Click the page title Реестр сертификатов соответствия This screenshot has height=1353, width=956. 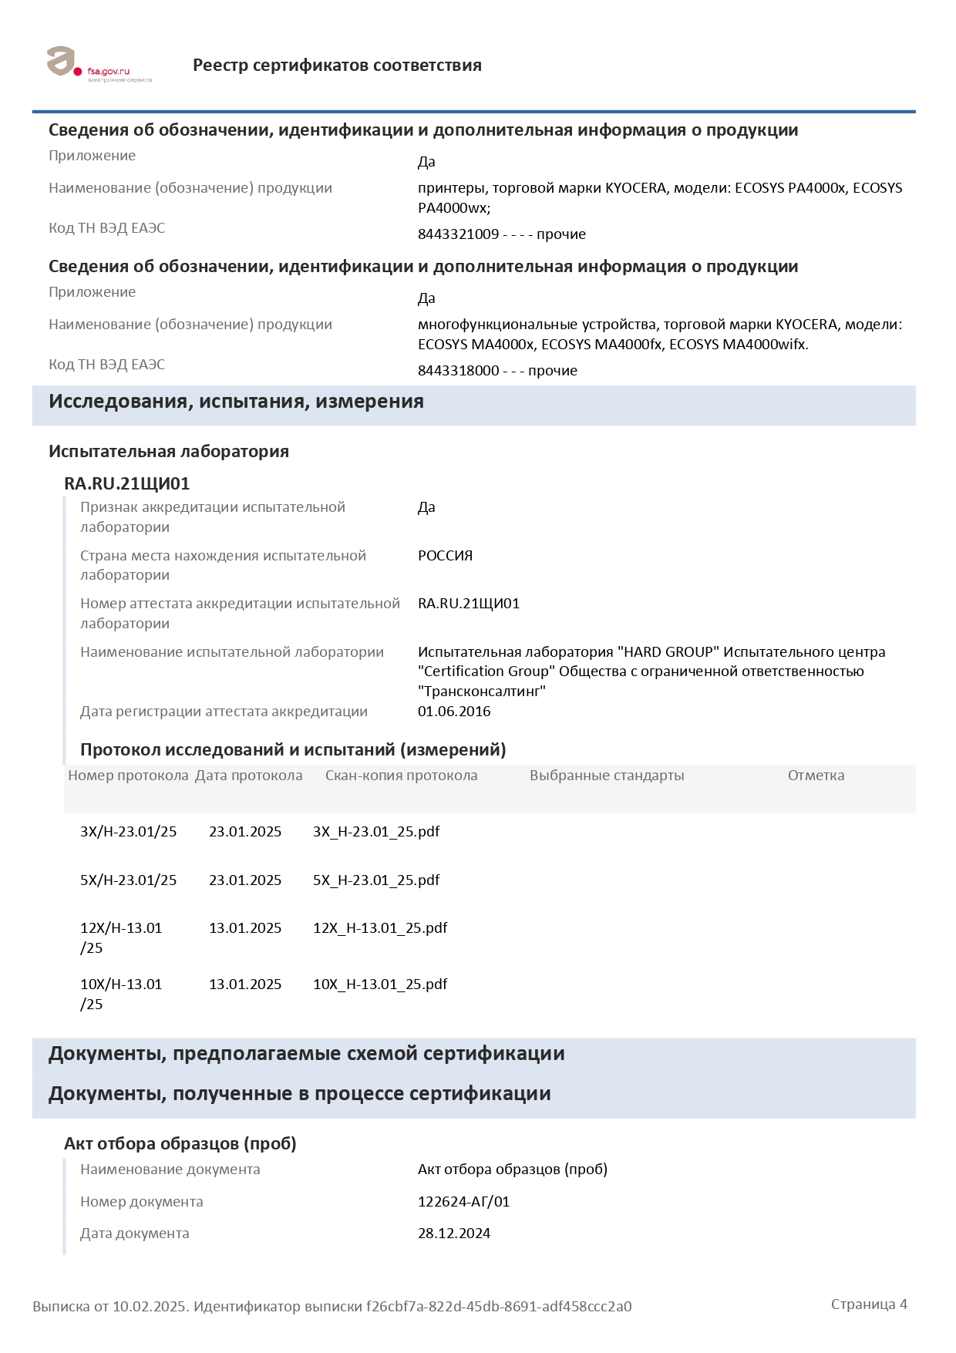[x=337, y=66]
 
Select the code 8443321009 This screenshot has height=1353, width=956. [x=458, y=234]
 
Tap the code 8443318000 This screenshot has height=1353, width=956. [x=458, y=371]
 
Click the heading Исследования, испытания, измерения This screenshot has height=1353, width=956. [x=236, y=402]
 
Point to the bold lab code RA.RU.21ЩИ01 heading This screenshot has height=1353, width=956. [x=126, y=484]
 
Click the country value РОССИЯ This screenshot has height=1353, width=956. [x=445, y=556]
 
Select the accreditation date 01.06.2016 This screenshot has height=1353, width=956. [x=454, y=712]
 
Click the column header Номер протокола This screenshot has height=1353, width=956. [x=128, y=776]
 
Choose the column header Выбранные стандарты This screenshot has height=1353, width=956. [x=607, y=776]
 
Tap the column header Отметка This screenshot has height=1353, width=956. [x=816, y=776]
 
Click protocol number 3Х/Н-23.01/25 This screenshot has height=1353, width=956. [x=128, y=832]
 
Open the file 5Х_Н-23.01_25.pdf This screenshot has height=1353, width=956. [x=376, y=880]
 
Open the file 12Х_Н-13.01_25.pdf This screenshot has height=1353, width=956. [x=380, y=928]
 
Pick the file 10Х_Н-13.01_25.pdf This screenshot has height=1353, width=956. [x=380, y=984]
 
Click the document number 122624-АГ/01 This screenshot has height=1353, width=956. [x=463, y=1202]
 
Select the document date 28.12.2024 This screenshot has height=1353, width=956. [x=454, y=1234]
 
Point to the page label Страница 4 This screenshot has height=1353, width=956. [x=869, y=1304]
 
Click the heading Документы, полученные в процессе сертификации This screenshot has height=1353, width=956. [x=299, y=1094]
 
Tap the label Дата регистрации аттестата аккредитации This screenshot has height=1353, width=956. [x=224, y=712]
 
